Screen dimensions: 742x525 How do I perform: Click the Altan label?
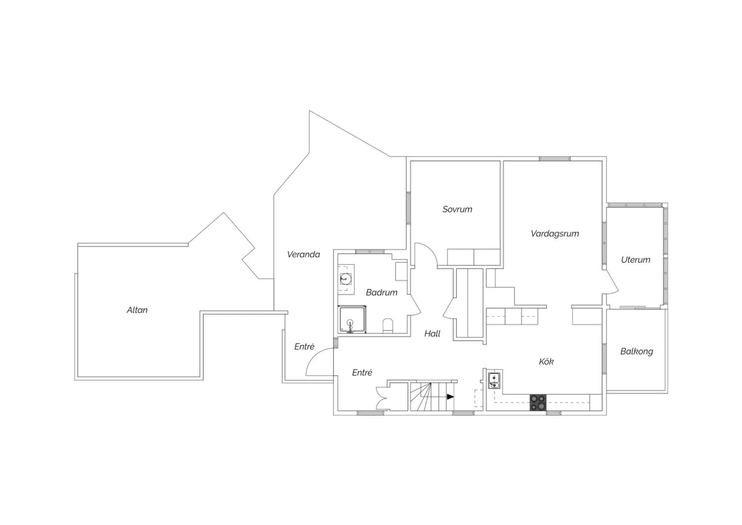coord(137,310)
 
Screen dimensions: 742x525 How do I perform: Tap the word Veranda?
coord(303,255)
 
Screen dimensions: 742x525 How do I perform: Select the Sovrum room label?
coord(458,210)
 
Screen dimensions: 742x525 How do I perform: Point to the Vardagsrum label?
coord(555,233)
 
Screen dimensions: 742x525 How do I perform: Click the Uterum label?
coord(636,260)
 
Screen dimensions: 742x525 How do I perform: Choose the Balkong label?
coord(637,352)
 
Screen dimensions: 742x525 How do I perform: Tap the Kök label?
coord(546,362)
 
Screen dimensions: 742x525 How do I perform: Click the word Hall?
coord(432,334)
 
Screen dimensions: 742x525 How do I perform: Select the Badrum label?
coord(381,293)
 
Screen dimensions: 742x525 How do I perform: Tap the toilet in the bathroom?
coord(387,326)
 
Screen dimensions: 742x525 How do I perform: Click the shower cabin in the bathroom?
coord(352,319)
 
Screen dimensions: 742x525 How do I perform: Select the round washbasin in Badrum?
coord(345,278)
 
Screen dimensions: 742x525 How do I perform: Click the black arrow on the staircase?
coord(450,397)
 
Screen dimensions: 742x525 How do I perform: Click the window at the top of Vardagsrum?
coord(555,159)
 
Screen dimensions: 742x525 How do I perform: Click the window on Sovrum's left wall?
coord(409,208)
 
